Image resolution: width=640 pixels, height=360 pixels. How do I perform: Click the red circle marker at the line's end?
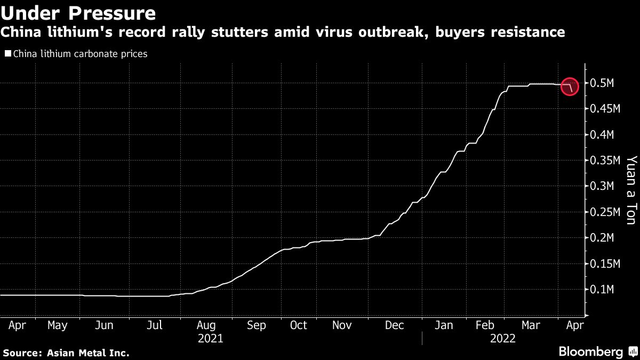(x=570, y=86)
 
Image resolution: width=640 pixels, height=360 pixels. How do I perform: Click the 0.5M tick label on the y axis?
(x=603, y=84)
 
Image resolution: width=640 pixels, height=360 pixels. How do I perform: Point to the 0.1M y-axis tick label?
(x=603, y=290)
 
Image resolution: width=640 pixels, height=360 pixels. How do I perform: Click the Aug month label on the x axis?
(x=206, y=325)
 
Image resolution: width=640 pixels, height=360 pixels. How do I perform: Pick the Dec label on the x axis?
(x=395, y=325)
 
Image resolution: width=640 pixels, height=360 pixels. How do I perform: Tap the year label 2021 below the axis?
(x=211, y=338)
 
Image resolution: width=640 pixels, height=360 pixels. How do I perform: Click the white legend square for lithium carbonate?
(x=7, y=54)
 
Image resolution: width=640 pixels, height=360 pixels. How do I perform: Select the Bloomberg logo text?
(x=590, y=352)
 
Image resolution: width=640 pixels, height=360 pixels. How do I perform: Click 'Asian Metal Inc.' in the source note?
(x=87, y=353)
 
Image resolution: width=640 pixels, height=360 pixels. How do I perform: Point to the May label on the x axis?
(x=57, y=325)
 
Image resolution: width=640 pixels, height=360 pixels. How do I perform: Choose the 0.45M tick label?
(x=605, y=109)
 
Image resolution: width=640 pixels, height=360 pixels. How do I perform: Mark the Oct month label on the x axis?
(x=299, y=325)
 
